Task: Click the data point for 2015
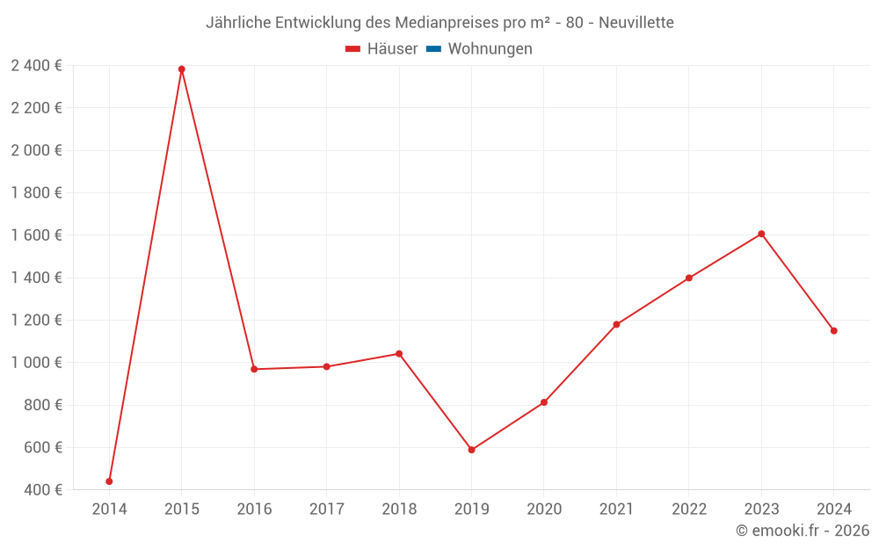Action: (x=182, y=69)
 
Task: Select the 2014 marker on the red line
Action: (x=109, y=481)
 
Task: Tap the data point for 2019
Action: (x=471, y=450)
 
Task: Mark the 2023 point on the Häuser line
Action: (x=761, y=234)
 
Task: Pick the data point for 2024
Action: (x=833, y=331)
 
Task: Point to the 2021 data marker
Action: (x=616, y=325)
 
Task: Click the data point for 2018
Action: (x=399, y=354)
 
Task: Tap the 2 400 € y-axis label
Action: (x=36, y=66)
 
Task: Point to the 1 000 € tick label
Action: (x=36, y=363)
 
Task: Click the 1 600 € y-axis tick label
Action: (x=36, y=235)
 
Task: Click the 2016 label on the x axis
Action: (x=254, y=509)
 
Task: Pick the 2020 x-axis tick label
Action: (x=544, y=509)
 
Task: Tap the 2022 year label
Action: (x=689, y=509)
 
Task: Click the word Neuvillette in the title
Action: (x=636, y=23)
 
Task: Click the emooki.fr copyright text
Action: (x=803, y=531)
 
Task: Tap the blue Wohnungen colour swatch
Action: (x=433, y=49)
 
